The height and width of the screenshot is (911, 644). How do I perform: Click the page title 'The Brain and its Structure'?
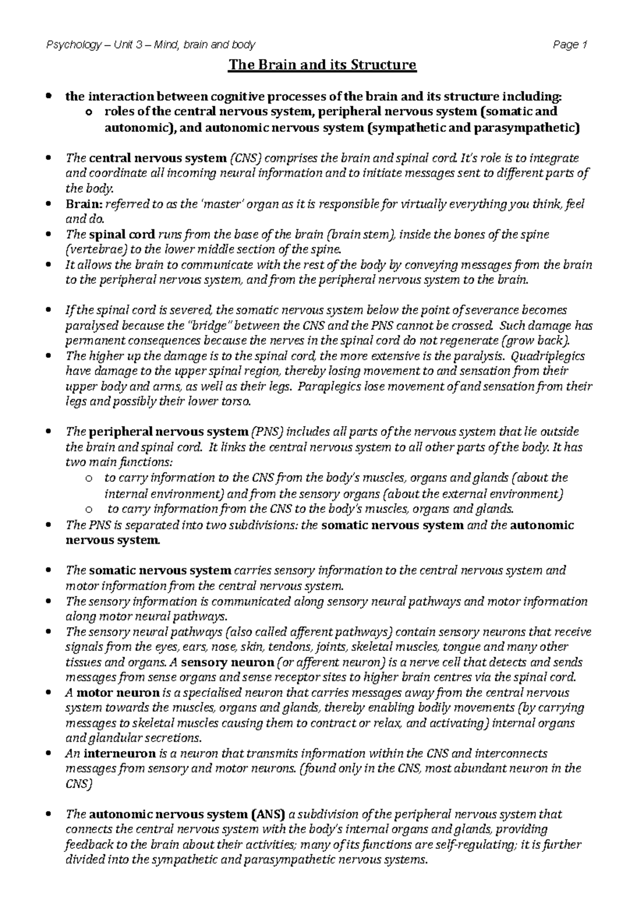point(322,65)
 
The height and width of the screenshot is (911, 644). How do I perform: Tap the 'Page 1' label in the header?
point(570,45)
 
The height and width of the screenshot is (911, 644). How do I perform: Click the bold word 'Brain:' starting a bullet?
point(84,204)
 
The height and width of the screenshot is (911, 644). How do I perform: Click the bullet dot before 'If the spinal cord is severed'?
point(49,310)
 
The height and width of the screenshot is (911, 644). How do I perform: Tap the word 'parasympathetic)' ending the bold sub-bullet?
point(534,128)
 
